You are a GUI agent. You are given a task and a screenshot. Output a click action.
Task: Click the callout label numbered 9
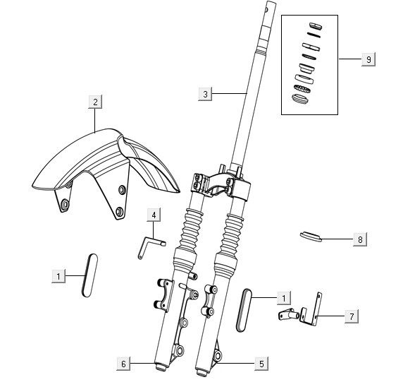368,59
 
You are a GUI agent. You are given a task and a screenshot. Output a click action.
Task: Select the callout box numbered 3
205,94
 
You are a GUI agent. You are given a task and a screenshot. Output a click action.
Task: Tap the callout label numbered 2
95,102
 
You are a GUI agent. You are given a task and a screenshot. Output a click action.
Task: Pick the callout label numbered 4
154,215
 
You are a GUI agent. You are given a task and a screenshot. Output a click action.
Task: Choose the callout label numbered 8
360,239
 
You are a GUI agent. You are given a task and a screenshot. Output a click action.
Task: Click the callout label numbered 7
352,316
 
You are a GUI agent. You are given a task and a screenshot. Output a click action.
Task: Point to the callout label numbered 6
123,364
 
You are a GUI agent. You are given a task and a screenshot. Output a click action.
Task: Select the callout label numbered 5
261,364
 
